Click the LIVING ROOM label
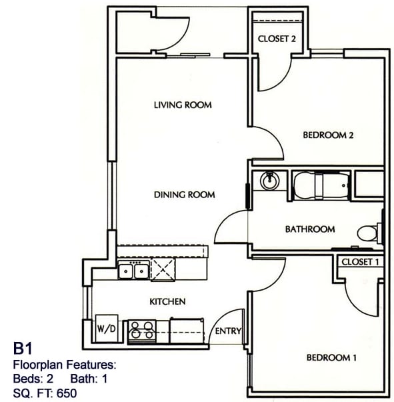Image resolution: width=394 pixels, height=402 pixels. (182, 105)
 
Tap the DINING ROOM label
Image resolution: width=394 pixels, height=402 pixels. (184, 195)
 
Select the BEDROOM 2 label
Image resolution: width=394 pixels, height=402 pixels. (327, 135)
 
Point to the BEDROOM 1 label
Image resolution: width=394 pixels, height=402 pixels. (331, 358)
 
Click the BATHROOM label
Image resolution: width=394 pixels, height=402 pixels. (310, 229)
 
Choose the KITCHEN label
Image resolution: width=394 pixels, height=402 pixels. (167, 301)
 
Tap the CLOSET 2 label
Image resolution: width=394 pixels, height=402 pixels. (277, 39)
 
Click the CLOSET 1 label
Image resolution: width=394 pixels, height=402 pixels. (360, 262)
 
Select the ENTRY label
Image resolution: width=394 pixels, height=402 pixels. (229, 331)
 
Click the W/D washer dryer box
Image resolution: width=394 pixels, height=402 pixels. (106, 328)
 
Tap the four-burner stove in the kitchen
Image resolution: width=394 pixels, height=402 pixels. (141, 331)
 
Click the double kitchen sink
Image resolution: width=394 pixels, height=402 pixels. (133, 270)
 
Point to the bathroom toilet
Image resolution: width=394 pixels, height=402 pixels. (368, 233)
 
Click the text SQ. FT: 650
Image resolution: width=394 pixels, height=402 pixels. (45, 393)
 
